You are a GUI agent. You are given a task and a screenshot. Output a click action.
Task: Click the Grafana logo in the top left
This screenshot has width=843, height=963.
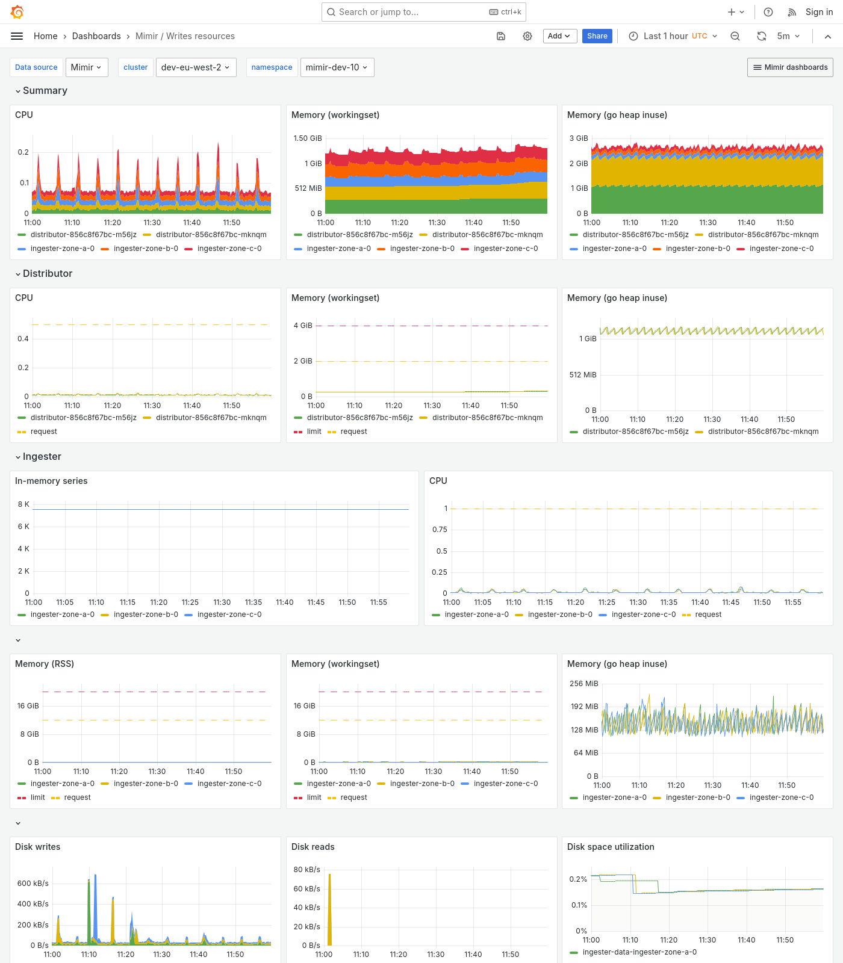tap(17, 12)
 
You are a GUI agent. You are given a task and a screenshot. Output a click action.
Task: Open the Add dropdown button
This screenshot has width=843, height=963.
tap(559, 36)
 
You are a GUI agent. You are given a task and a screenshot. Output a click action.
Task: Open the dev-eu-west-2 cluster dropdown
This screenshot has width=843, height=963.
tap(195, 67)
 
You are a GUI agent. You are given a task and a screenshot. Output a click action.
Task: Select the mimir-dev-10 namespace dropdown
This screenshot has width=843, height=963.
tap(337, 67)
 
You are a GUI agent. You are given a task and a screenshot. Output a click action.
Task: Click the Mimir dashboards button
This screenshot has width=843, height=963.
tap(790, 67)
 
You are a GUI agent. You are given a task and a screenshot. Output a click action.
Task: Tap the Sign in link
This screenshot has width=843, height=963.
tap(819, 12)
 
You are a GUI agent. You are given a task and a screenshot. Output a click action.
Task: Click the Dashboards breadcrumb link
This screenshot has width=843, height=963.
tap(96, 36)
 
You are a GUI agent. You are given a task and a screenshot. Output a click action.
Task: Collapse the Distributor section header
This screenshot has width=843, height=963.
tap(47, 274)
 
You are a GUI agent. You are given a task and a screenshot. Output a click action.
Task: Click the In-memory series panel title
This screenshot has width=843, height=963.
tap(51, 481)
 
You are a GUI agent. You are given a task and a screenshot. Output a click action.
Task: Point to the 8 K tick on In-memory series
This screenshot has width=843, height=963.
tap(23, 504)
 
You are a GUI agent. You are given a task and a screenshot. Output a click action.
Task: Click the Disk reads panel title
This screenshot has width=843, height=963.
tap(313, 847)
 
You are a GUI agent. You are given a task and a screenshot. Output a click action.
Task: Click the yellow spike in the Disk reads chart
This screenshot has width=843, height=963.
tap(329, 909)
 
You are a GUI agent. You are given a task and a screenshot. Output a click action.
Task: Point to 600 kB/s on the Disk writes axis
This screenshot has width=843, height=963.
tap(33, 884)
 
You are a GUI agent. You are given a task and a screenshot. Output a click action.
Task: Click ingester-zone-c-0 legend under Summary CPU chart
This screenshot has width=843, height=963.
tap(229, 249)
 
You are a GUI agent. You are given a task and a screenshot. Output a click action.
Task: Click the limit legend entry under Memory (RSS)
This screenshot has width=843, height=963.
tap(37, 797)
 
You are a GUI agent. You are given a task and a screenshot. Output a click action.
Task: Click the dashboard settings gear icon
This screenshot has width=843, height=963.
tap(527, 36)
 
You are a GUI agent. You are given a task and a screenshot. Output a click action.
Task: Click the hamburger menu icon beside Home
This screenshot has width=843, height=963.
tap(17, 36)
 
